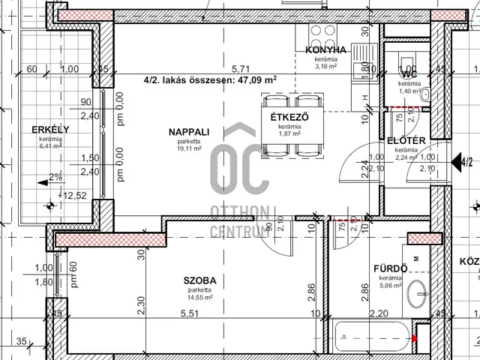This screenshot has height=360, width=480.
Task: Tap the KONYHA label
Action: [325, 49]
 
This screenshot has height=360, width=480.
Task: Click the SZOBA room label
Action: [199, 280]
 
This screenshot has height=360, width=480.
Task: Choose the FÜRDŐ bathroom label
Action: [390, 268]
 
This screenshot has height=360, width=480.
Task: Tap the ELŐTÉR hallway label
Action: [407, 140]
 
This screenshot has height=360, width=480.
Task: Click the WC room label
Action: [409, 75]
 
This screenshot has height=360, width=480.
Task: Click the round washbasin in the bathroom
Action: [415, 294]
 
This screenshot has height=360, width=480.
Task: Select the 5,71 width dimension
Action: [239, 67]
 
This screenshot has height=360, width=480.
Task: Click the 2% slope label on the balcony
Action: [55, 178]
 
